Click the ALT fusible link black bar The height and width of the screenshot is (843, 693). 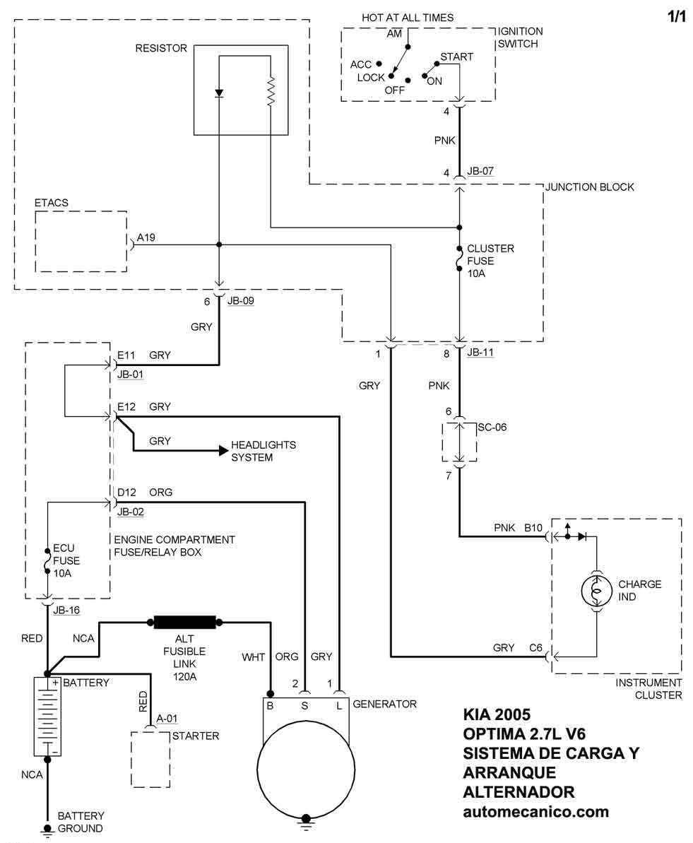coord(184,623)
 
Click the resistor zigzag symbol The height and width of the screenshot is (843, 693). coord(271,92)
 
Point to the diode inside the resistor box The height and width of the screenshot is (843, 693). coord(219,93)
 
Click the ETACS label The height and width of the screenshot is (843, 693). coord(52,203)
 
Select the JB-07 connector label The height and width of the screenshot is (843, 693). coord(480,172)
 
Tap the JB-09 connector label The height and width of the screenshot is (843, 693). coord(240,300)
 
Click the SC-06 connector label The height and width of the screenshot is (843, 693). coord(492,428)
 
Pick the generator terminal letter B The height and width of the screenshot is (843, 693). coord(270,705)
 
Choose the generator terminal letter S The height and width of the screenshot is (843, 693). coord(305,705)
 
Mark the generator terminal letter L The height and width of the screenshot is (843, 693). coord(340,705)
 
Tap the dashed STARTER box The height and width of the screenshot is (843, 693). coord(150,759)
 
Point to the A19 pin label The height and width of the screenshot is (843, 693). coord(147,238)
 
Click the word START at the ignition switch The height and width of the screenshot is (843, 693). coord(456,57)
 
